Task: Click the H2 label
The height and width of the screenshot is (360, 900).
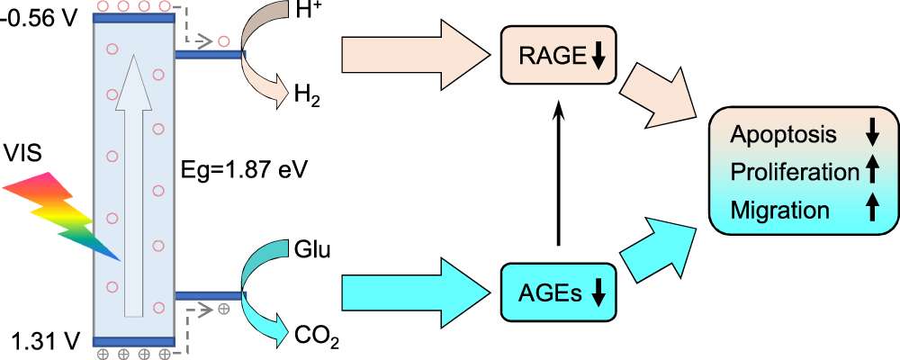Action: (x=305, y=94)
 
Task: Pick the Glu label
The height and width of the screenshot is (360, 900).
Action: (x=312, y=249)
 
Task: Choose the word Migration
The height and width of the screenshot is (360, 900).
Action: (x=779, y=210)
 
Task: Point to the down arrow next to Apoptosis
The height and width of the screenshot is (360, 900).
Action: (x=871, y=135)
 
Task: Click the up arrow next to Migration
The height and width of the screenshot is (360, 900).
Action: (x=871, y=209)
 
